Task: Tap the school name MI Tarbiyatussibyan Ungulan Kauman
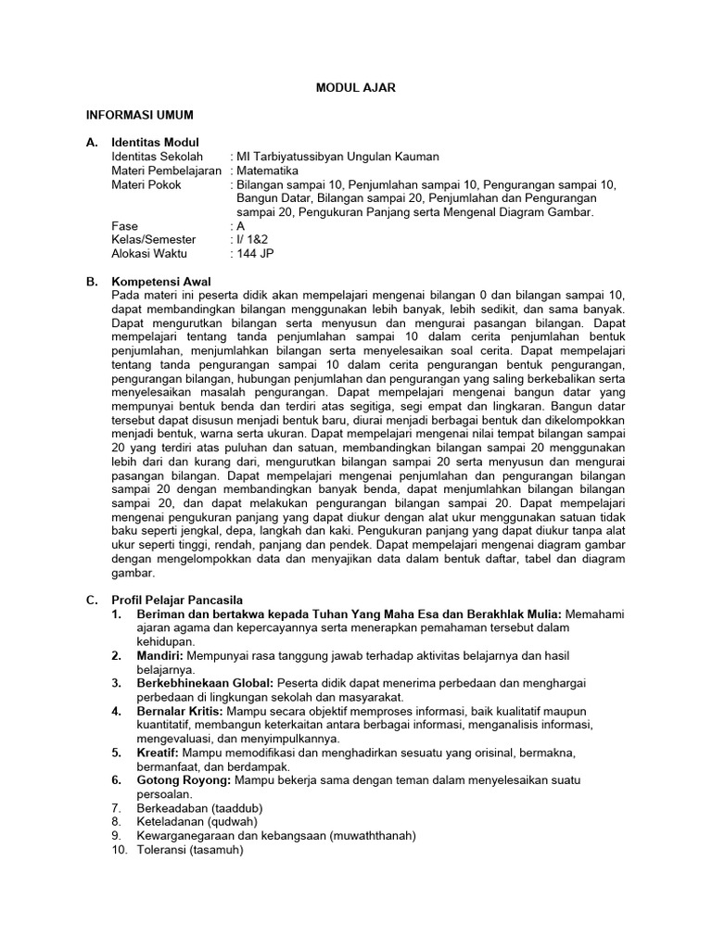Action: [337, 158]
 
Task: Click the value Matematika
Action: [268, 171]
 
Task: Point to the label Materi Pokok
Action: [146, 184]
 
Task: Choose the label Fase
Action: [124, 225]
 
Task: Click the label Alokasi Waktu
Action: [149, 253]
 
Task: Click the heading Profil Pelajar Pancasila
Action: [177, 600]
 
